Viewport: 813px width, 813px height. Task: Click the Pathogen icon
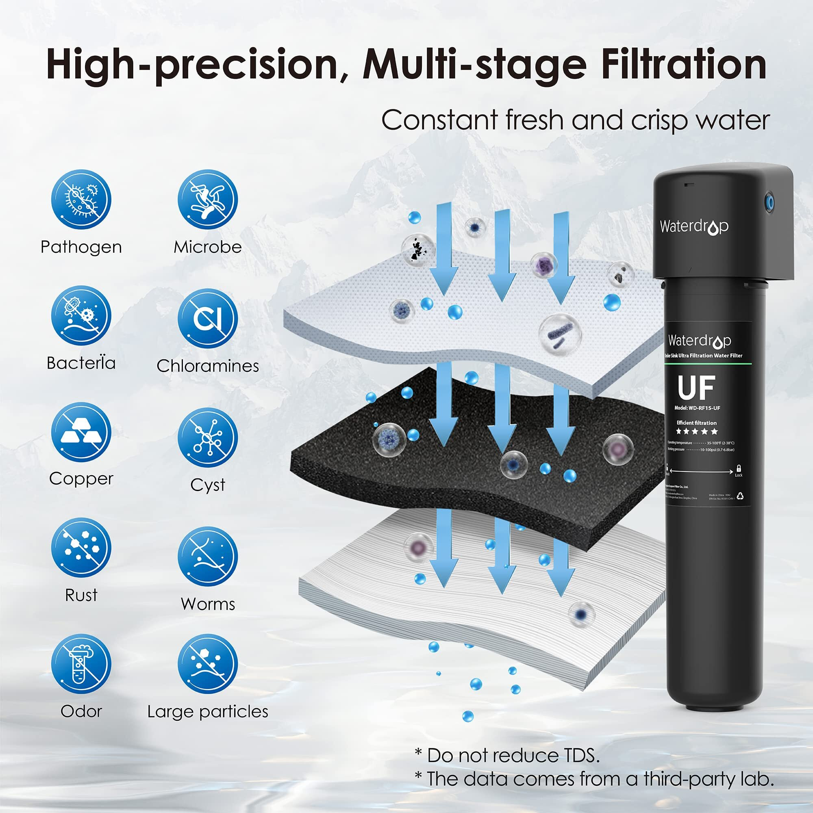(81, 200)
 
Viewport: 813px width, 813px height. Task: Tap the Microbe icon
(207, 200)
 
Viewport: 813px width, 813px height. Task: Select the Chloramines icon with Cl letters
(207, 319)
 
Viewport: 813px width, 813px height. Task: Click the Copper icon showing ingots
(81, 432)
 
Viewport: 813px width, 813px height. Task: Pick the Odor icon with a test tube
(81, 665)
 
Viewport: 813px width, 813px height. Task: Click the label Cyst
(207, 485)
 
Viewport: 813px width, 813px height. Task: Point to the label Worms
(207, 604)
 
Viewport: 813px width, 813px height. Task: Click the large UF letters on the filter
(696, 387)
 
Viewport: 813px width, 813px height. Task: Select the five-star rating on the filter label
(697, 431)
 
